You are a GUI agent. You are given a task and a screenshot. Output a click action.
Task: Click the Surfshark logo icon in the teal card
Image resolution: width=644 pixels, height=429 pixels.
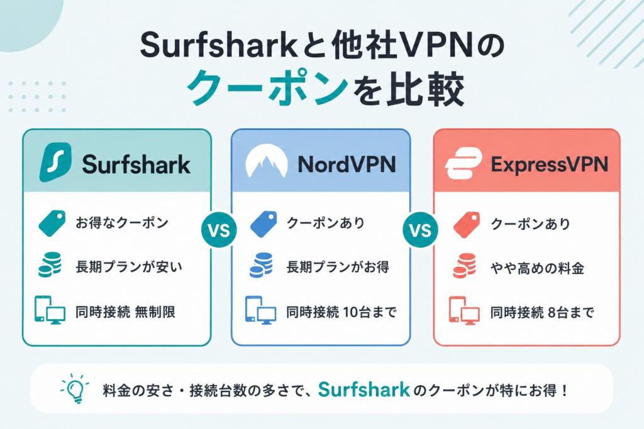coord(55,162)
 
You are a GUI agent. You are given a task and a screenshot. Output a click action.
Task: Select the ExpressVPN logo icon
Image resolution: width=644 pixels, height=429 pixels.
coord(464,163)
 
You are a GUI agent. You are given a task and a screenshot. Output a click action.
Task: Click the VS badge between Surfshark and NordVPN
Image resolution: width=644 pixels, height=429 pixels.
coord(219,230)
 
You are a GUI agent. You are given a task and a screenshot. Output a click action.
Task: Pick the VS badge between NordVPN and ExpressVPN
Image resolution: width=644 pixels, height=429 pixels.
coord(421,230)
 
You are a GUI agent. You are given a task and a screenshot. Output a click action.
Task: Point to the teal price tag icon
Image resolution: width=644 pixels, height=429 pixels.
coord(52,224)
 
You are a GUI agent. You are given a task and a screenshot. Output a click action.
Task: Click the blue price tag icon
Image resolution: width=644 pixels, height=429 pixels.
coord(264,224)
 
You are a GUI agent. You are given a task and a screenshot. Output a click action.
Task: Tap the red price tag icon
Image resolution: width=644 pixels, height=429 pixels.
coord(467,224)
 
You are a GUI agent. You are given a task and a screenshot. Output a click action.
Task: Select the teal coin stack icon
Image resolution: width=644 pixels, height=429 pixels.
coord(50,265)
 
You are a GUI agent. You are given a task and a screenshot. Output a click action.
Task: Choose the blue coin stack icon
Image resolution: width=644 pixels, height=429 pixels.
coord(261,265)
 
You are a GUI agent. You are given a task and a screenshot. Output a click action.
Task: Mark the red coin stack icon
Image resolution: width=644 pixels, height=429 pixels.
coord(465,266)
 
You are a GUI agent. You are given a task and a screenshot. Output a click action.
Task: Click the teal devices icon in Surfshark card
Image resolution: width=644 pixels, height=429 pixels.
coord(50,310)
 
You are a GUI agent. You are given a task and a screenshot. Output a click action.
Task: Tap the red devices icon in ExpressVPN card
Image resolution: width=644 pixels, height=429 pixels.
coord(464,311)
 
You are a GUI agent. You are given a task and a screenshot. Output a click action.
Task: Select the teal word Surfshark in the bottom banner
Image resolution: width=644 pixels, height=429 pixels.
coord(364,389)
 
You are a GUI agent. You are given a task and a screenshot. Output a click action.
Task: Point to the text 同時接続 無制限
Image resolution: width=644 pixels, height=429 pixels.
coord(125,312)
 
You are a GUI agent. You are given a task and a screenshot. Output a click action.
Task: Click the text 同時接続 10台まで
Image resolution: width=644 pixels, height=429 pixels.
coord(341,312)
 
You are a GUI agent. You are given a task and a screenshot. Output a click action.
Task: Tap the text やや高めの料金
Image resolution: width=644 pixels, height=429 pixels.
coord(537,268)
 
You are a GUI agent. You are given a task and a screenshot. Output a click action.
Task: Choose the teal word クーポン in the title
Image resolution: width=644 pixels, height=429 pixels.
coord(267,87)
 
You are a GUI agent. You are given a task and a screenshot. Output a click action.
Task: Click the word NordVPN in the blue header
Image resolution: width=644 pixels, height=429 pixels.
coord(347,164)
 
